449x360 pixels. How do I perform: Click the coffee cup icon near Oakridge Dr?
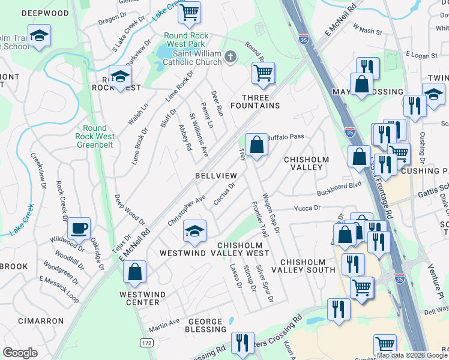[x=79, y=229]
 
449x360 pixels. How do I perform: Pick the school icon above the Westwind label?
[x=194, y=232]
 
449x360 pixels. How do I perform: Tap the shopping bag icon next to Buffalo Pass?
[x=256, y=145]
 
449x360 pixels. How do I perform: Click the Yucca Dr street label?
[x=308, y=208]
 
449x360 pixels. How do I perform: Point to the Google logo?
[x=20, y=353]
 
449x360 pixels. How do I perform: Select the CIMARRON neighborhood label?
[x=37, y=321]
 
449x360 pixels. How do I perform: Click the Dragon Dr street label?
[x=113, y=19]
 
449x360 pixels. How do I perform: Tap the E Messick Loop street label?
[x=59, y=287]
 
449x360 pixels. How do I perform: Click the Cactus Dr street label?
[x=223, y=193]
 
